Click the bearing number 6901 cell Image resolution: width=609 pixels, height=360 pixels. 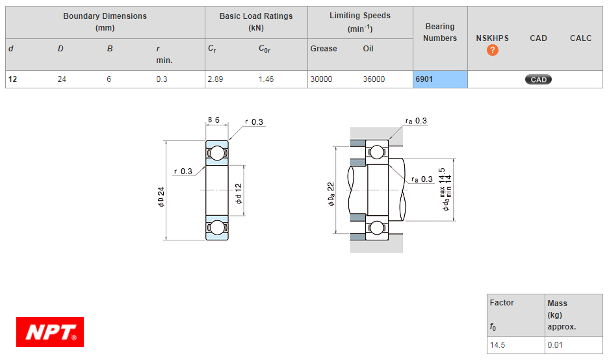tap(440, 79)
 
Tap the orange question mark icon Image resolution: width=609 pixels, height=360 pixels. tap(493, 50)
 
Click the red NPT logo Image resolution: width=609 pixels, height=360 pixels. tap(50, 332)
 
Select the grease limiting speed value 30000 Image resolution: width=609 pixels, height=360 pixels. tap(321, 79)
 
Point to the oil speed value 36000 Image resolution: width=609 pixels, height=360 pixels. tap(374, 79)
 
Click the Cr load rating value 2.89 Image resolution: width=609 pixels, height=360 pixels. tap(215, 79)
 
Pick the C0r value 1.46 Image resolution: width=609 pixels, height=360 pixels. tap(266, 79)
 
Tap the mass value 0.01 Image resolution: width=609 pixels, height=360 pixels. tap(555, 345)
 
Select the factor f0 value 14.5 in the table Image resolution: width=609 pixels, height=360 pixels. tap(497, 345)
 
